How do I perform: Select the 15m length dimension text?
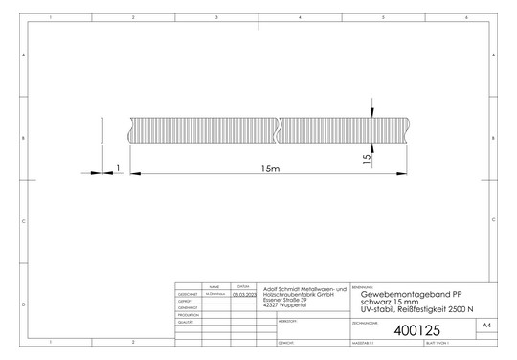(270, 169)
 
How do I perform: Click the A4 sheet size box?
(487, 326)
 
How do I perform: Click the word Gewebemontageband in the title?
(392, 293)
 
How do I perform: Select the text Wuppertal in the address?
(289, 305)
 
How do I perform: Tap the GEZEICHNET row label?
(189, 294)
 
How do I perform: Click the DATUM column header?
(243, 286)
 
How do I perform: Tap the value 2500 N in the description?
(455, 308)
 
